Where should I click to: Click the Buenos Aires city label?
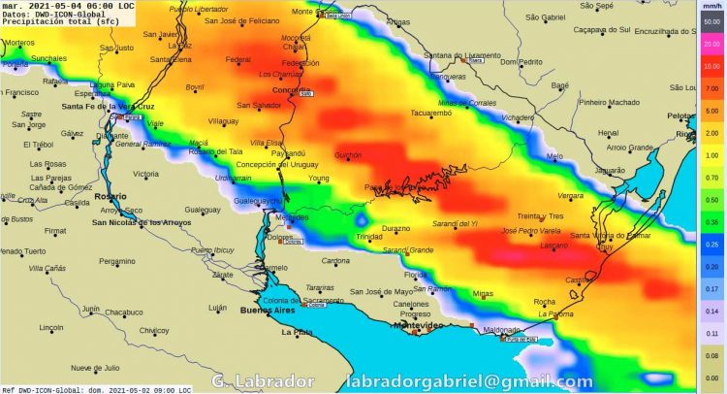(x=266, y=312)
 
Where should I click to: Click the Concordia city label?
(x=291, y=90)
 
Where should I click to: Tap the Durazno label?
(x=395, y=228)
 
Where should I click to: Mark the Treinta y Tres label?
(x=540, y=215)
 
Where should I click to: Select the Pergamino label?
(x=117, y=261)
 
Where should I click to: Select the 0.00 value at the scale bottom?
(x=712, y=378)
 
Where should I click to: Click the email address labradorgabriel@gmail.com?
(x=470, y=381)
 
